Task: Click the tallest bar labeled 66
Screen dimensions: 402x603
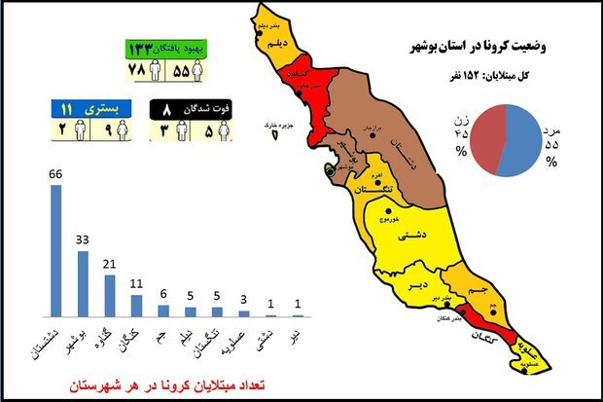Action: click(x=56, y=250)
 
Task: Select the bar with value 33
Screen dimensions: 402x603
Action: click(x=84, y=283)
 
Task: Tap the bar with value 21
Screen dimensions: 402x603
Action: click(x=110, y=295)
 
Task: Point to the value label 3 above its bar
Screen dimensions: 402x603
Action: click(x=243, y=302)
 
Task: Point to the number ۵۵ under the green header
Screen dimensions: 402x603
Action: click(x=182, y=72)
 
